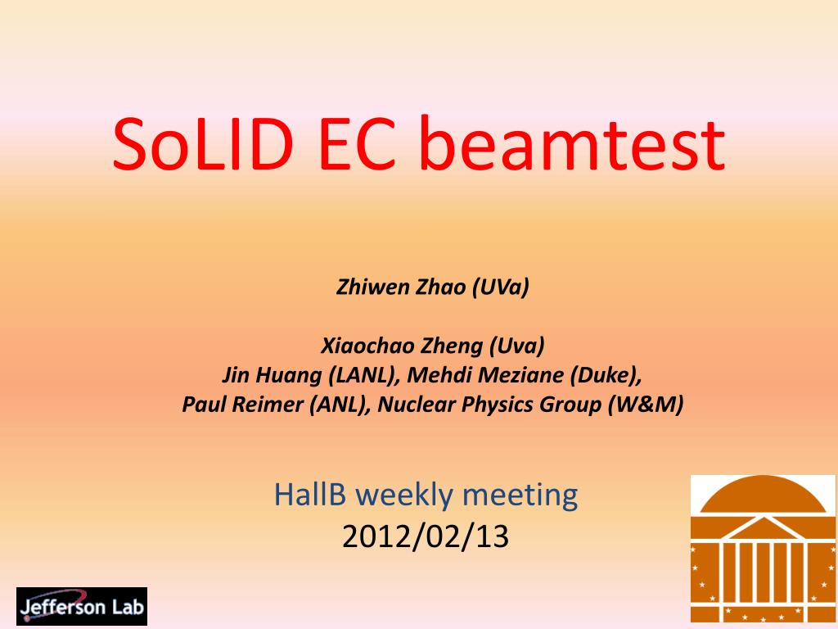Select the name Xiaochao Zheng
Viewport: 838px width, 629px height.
tap(402, 346)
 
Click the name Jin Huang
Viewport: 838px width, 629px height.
tap(272, 375)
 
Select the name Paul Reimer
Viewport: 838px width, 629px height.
tap(243, 405)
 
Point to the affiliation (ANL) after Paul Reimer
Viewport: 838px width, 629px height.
tap(340, 405)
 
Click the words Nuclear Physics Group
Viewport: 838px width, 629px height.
tap(489, 405)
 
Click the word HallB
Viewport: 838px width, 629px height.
tap(310, 494)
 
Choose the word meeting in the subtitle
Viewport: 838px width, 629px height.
tap(520, 496)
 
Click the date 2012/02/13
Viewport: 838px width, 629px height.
tap(426, 536)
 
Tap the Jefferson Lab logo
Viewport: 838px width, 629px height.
tap(82, 607)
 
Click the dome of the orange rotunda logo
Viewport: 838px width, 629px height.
tap(764, 495)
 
